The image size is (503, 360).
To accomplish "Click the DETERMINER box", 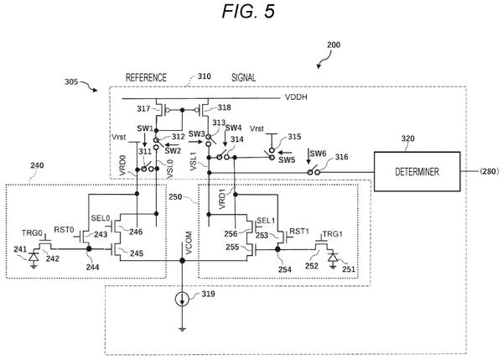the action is point(417,171).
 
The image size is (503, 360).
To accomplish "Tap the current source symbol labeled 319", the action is point(182,300).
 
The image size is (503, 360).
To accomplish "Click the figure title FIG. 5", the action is point(249,11).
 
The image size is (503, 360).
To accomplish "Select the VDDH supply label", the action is point(296,97).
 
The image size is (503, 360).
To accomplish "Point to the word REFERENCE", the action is point(146,77).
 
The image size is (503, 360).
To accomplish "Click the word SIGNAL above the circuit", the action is point(243,77).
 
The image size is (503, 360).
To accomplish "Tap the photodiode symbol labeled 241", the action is point(34,258).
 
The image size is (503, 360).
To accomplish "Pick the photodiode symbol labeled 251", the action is point(333,258).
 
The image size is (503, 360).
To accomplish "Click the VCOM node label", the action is point(189,243).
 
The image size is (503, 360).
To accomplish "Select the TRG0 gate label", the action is point(32,233).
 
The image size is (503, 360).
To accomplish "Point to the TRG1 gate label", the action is point(332,234).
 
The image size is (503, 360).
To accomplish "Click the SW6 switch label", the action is point(318,154).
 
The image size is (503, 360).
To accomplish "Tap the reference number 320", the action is point(407,138).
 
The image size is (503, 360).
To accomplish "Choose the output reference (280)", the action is point(490,171).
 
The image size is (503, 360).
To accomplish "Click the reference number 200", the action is point(334,44).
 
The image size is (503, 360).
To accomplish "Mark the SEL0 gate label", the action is point(101,218).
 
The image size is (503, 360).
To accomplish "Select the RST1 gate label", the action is point(299,232).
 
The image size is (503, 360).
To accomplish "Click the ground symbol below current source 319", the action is point(182,329).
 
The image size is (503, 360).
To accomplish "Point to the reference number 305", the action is point(71,82).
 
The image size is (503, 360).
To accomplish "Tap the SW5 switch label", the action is point(287,160).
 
